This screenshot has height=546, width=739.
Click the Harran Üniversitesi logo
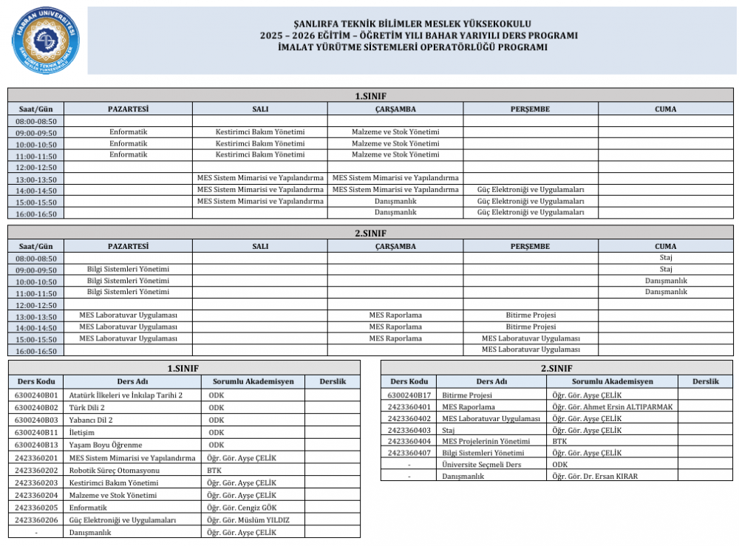point(45,41)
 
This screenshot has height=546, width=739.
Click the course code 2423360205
point(36,508)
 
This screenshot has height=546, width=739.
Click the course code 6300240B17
point(409,395)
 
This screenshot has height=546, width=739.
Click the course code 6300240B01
point(36,395)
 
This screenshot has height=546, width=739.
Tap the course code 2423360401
point(409,407)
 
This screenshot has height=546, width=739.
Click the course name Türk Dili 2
point(86,407)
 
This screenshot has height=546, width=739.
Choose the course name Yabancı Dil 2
point(91,420)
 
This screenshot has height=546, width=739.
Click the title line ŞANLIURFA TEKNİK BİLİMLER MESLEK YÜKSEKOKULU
point(412,24)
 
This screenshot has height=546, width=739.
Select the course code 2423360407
point(409,453)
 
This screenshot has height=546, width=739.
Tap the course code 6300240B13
point(36,445)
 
